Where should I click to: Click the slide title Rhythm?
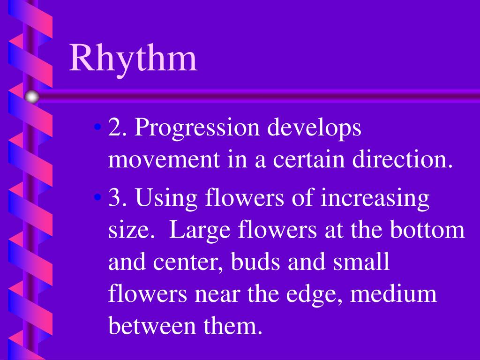(134, 58)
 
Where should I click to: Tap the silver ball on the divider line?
(32, 97)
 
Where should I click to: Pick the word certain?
(311, 160)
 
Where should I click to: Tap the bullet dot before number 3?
(97, 197)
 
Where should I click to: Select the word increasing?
(375, 199)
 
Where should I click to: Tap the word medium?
(393, 295)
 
